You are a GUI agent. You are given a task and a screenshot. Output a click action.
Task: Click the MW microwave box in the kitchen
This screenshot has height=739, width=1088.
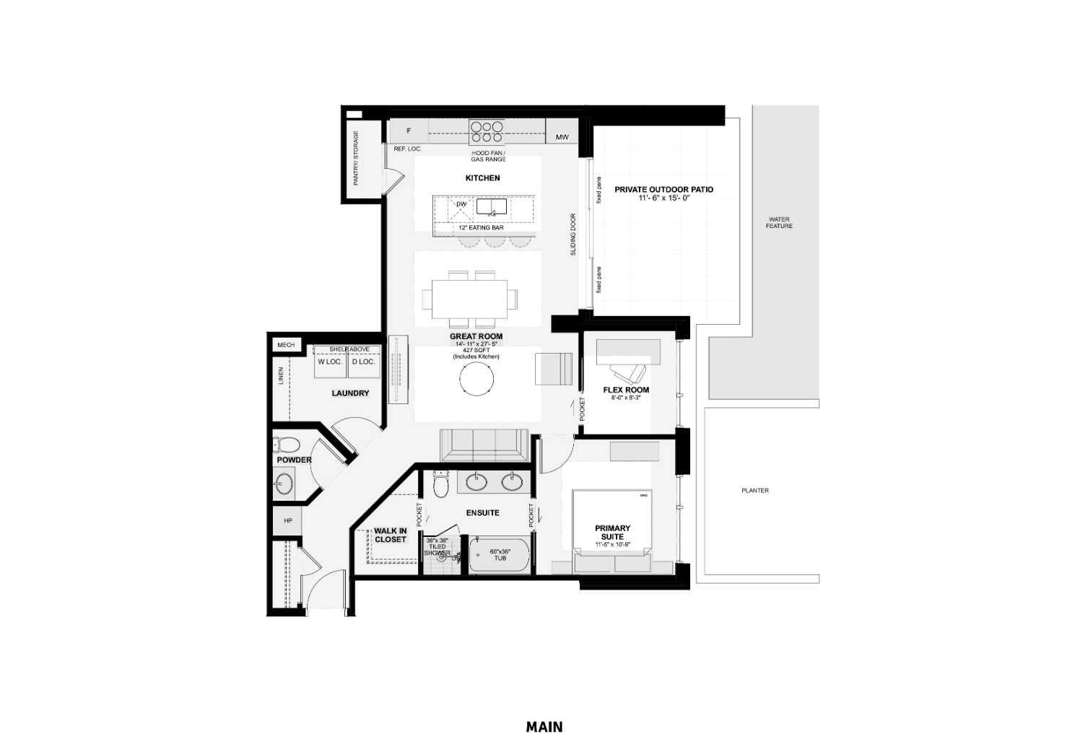[x=562, y=136]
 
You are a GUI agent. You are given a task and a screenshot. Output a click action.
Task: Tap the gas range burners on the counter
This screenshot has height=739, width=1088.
[x=487, y=131]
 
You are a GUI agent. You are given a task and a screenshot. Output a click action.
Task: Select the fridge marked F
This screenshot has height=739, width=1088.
[x=409, y=131]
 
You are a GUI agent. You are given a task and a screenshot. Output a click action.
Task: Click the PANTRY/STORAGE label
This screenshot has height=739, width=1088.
[x=356, y=158]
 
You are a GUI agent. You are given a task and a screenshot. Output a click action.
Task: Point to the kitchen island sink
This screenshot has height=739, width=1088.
[x=492, y=207]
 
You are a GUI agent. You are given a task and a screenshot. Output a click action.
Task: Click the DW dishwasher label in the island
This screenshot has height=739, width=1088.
[x=461, y=204]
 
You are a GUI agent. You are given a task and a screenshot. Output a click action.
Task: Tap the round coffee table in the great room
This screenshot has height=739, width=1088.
[x=477, y=378]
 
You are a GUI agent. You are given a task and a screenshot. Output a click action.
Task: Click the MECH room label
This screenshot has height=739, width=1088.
[x=286, y=345]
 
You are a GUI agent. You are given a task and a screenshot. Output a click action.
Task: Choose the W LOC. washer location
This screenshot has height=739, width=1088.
[x=330, y=362]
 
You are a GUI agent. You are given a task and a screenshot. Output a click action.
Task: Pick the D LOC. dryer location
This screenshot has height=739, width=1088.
[x=363, y=362]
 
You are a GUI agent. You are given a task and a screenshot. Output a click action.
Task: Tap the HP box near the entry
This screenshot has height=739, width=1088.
[x=287, y=520]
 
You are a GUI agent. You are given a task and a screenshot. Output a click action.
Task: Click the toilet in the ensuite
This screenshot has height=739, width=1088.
[x=440, y=484]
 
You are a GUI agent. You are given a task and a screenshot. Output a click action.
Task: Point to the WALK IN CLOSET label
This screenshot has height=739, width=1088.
[x=390, y=535]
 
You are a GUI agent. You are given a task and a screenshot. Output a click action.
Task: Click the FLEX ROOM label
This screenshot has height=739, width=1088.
[x=626, y=390]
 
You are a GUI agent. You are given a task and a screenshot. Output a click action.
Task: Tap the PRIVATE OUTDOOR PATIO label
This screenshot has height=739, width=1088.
[x=663, y=190]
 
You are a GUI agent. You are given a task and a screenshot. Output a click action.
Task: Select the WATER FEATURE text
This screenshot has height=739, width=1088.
[x=779, y=222]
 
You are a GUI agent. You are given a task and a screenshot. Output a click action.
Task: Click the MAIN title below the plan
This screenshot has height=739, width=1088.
[x=544, y=727]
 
